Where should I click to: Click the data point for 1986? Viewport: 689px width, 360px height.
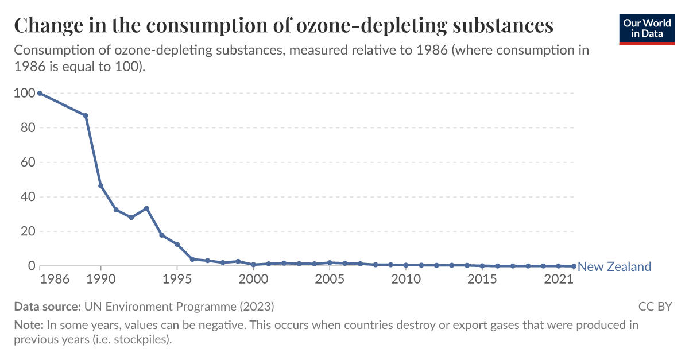pyautogui.click(x=40, y=93)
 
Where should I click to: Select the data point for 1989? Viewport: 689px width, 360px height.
pyautogui.click(x=86, y=115)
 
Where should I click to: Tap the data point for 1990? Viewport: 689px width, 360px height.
pyautogui.click(x=101, y=186)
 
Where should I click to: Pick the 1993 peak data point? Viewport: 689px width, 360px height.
pyautogui.click(x=147, y=208)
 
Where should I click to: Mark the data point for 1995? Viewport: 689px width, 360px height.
pyautogui.click(x=177, y=245)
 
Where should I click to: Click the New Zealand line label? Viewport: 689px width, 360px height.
pyautogui.click(x=614, y=266)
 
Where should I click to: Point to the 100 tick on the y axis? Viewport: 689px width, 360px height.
pyautogui.click(x=24, y=93)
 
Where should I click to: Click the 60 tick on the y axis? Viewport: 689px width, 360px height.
pyautogui.click(x=27, y=162)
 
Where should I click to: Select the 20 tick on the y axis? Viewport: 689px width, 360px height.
pyautogui.click(x=27, y=231)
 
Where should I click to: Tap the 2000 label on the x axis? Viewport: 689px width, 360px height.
pyautogui.click(x=253, y=280)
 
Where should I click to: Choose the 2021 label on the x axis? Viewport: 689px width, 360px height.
pyautogui.click(x=558, y=280)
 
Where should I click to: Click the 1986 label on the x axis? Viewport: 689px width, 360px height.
pyautogui.click(x=56, y=280)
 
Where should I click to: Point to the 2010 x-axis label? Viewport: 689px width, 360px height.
pyautogui.click(x=406, y=280)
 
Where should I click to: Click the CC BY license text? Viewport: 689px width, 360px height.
pyautogui.click(x=655, y=306)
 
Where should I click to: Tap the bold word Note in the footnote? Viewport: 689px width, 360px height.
pyautogui.click(x=28, y=325)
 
